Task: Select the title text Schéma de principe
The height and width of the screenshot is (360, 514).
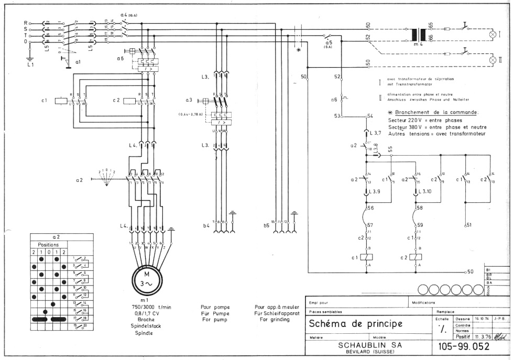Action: coord(355,323)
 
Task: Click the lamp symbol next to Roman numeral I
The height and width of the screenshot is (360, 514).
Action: coord(493,34)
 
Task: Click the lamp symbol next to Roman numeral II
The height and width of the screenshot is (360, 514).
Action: coord(493,60)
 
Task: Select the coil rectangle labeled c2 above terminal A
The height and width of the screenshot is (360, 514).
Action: coord(418,257)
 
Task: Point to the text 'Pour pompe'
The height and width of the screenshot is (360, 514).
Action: coord(215,307)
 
